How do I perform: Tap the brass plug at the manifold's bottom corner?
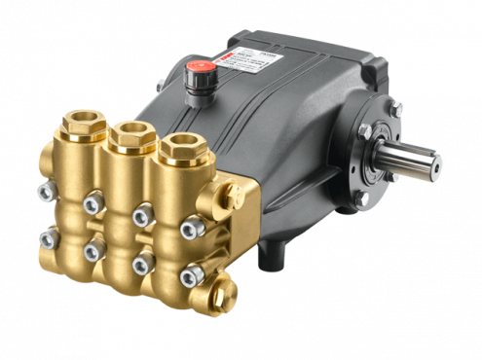point(226,290)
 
